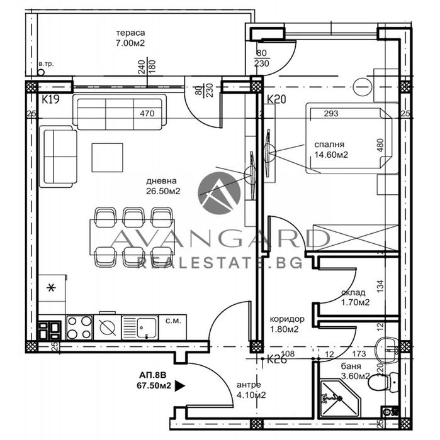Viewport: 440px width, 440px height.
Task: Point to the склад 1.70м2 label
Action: pos(355,297)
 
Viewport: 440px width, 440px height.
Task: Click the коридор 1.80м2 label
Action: pos(283,324)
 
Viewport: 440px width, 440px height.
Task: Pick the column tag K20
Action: pos(276,99)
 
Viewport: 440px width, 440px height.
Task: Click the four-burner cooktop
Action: pos(79,326)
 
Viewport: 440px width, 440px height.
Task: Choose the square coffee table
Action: pos(107,157)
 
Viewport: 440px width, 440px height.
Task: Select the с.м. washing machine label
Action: pos(171,321)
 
